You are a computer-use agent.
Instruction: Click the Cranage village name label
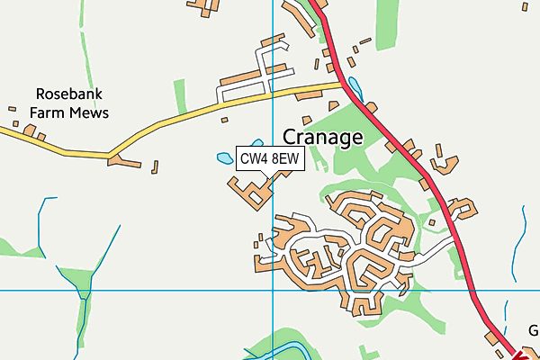pos(322,137)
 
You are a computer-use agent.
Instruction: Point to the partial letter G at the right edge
pos(534,330)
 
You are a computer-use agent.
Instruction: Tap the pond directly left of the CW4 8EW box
pos(224,158)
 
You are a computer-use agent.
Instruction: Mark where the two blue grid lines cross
pos(273,290)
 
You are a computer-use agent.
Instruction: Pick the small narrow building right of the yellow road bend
pos(155,166)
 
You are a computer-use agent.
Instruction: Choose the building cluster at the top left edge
pos(208,8)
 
